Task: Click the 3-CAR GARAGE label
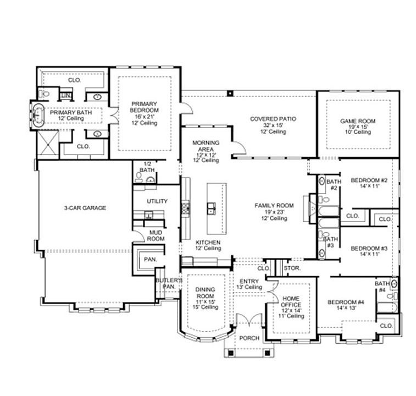point(85,208)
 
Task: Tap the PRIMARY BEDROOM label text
point(145,113)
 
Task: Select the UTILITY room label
point(157,202)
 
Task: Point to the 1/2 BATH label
point(147,167)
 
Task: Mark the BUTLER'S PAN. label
point(167,283)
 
